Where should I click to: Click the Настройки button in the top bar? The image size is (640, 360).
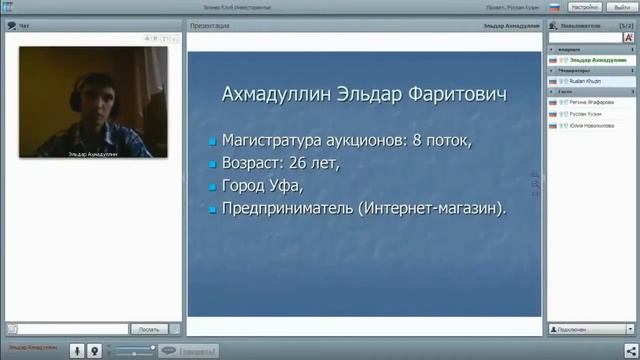[x=585, y=7]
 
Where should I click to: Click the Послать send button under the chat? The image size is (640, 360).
[x=148, y=328]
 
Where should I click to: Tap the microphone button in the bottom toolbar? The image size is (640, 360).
[x=77, y=350]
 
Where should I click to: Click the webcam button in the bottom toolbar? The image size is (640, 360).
[x=94, y=350]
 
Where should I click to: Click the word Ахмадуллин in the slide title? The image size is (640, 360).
[x=270, y=95]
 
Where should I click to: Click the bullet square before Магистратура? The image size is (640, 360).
[x=212, y=141]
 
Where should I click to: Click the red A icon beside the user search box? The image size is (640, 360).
[x=629, y=37]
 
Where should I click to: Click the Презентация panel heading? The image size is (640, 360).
[x=209, y=25]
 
